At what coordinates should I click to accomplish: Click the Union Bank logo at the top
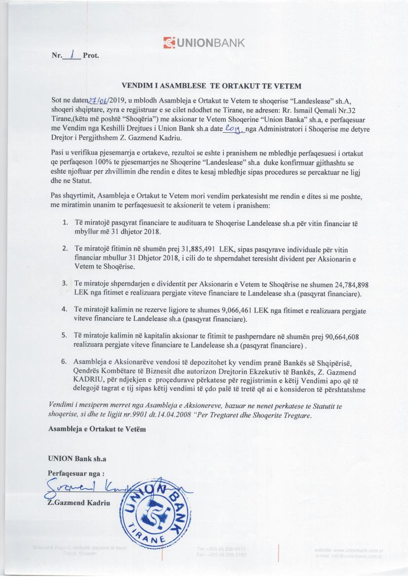click(x=203, y=42)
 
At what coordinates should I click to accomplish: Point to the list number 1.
click(x=65, y=223)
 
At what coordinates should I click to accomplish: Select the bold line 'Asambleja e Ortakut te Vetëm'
click(x=97, y=428)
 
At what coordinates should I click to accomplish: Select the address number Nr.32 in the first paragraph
click(x=349, y=111)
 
